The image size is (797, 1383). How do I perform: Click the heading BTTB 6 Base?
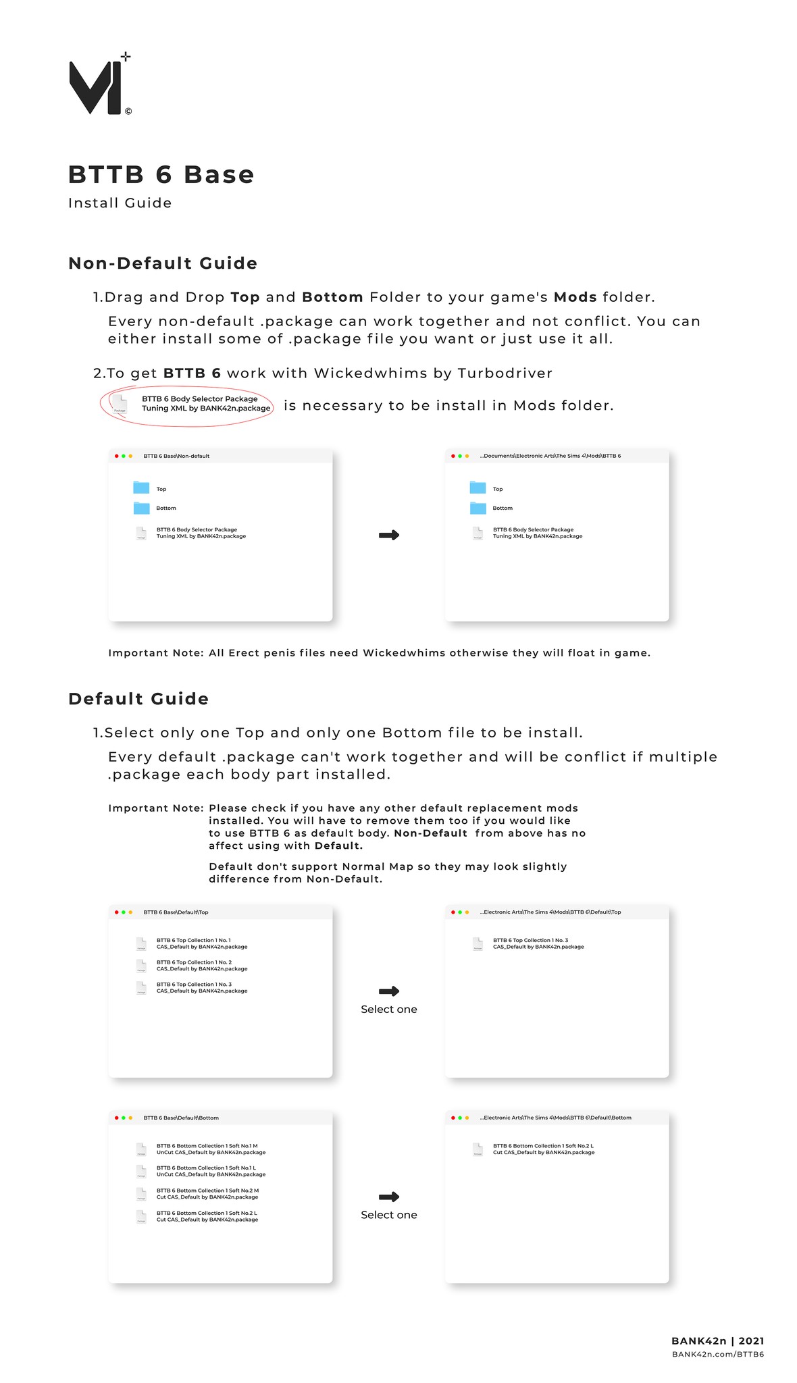(161, 175)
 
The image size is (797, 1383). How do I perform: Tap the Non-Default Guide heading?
(163, 263)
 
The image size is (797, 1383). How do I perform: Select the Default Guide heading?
(138, 699)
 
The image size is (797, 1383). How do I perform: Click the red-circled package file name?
(205, 404)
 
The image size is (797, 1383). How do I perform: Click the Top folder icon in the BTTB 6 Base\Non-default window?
(141, 488)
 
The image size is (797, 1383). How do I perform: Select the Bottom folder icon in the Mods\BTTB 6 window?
(478, 508)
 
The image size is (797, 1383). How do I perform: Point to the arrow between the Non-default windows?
(389, 535)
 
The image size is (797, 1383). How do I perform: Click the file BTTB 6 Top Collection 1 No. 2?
(201, 966)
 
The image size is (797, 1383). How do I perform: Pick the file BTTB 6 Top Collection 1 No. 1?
(201, 943)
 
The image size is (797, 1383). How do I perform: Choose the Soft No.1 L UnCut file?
(210, 1171)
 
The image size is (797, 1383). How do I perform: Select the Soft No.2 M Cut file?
(207, 1193)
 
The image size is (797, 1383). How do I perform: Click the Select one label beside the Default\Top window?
(389, 1010)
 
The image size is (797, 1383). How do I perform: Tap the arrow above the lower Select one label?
(389, 1197)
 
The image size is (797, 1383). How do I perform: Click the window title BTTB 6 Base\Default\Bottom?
(181, 1118)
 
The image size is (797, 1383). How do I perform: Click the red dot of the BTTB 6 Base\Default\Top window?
(116, 912)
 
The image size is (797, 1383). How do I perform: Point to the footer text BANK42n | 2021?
(717, 1341)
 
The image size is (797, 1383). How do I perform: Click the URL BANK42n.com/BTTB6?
(717, 1354)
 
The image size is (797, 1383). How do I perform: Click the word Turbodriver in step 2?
(505, 373)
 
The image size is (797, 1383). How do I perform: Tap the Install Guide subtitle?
(120, 203)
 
